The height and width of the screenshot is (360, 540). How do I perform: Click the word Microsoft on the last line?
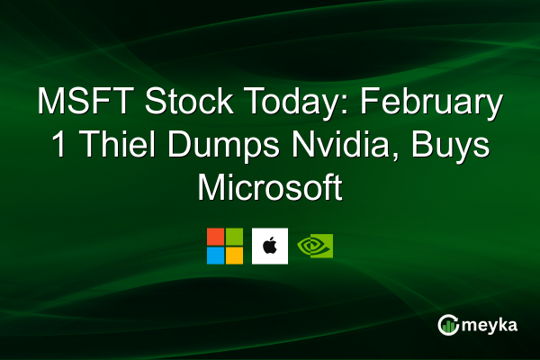click(x=270, y=190)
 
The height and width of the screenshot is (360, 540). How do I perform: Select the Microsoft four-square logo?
click(x=225, y=246)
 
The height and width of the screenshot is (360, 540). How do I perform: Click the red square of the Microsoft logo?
click(x=216, y=237)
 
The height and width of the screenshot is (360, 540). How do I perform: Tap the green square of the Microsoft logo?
click(x=234, y=237)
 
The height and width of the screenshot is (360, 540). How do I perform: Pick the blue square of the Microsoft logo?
click(x=216, y=255)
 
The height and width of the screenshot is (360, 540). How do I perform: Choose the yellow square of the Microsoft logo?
click(x=234, y=255)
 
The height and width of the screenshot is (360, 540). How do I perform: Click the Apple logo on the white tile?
click(x=270, y=246)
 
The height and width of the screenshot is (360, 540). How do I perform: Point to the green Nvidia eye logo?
click(x=315, y=246)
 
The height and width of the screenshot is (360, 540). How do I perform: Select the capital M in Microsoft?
click(x=211, y=190)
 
